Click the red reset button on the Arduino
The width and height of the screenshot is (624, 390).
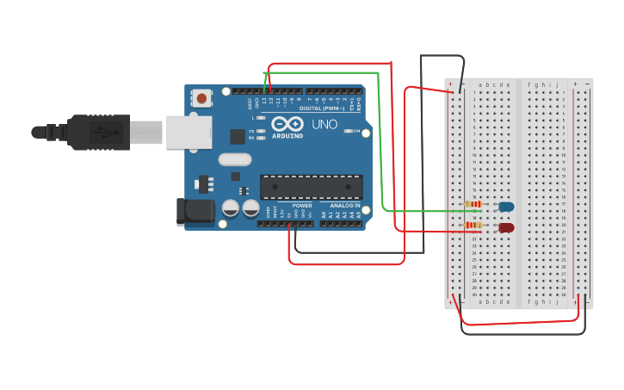pyautogui.click(x=201, y=98)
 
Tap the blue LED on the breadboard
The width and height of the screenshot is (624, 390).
pyautogui.click(x=506, y=207)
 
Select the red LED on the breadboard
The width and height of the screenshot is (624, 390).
pyautogui.click(x=506, y=227)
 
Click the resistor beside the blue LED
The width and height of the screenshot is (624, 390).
pyautogui.click(x=473, y=204)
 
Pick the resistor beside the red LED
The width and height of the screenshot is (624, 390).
pyautogui.click(x=473, y=226)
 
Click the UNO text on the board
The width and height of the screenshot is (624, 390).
pyautogui.click(x=324, y=125)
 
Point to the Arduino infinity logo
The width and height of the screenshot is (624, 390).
pyautogui.click(x=287, y=125)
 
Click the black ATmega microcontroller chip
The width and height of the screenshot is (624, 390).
pyautogui.click(x=311, y=187)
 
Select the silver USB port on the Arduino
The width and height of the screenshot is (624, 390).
pyautogui.click(x=188, y=133)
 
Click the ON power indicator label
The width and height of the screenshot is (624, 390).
pyautogui.click(x=354, y=131)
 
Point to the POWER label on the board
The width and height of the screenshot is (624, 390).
pyautogui.click(x=302, y=206)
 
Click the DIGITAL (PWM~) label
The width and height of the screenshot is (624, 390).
pyautogui.click(x=321, y=108)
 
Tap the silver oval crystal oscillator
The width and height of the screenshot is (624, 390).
pyautogui.click(x=234, y=159)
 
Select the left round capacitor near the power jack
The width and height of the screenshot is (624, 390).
pyautogui.click(x=231, y=208)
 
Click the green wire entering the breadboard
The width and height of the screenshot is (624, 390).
pyautogui.click(x=422, y=210)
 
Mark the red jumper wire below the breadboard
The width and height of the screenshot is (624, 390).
pyautogui.click(x=516, y=323)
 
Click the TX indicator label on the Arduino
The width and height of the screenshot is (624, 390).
pyautogui.click(x=251, y=132)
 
